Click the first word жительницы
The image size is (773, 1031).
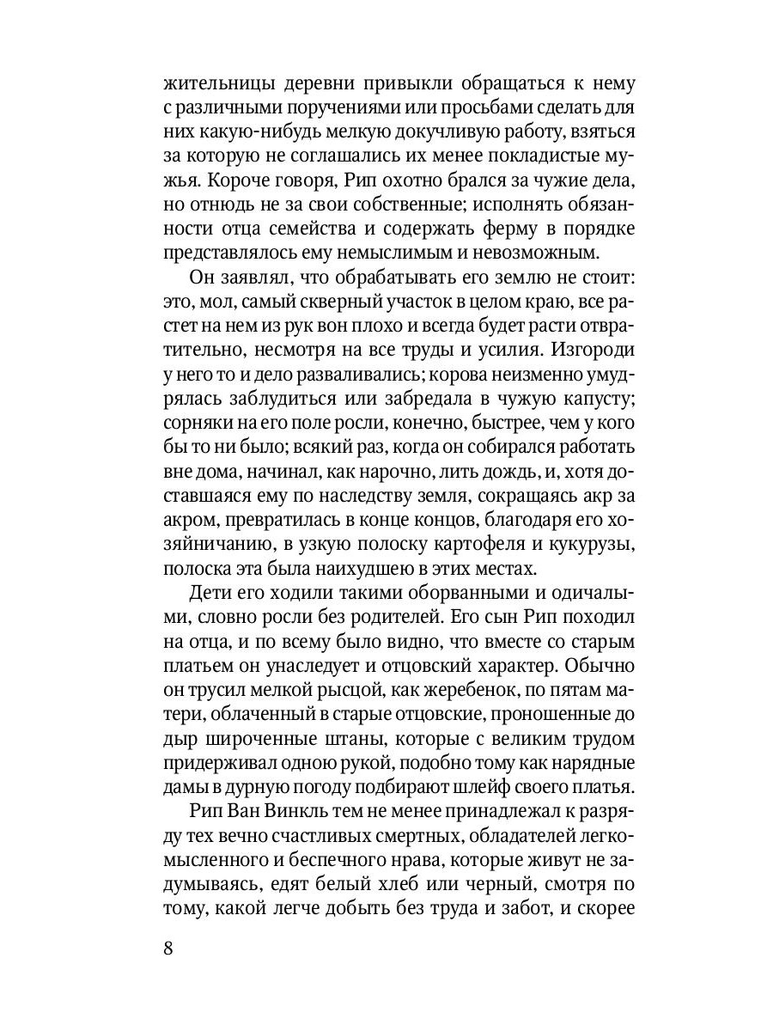click(x=219, y=85)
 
